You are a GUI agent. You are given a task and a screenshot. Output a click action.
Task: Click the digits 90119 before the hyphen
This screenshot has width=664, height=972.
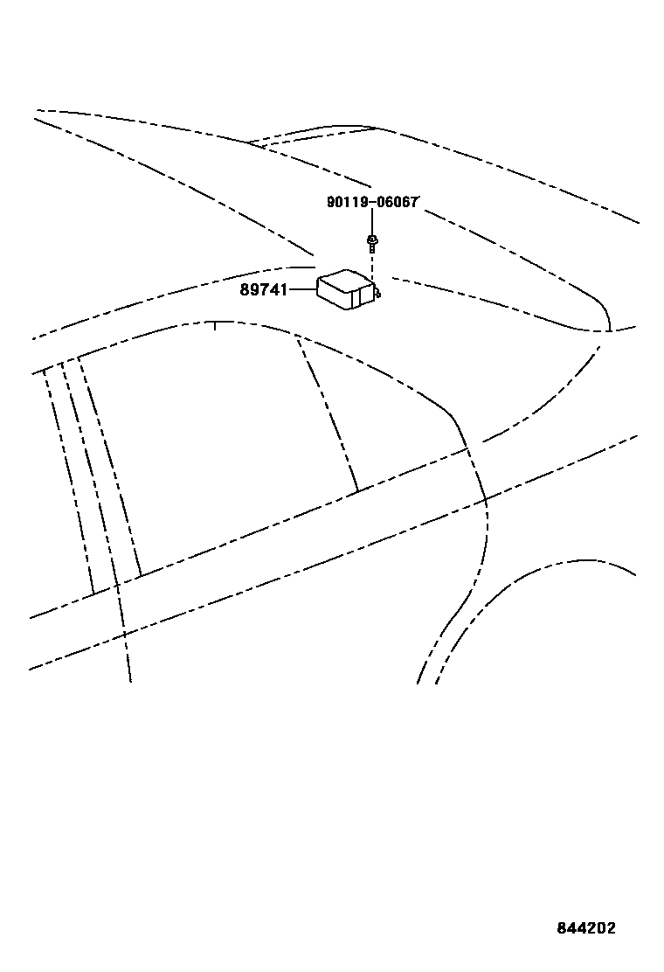point(346,203)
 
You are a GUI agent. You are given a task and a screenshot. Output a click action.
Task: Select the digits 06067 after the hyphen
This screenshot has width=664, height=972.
point(397,203)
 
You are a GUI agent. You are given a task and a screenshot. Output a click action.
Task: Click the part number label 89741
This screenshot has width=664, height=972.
point(263,289)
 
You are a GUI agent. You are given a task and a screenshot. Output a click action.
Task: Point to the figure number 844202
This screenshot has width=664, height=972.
point(585,928)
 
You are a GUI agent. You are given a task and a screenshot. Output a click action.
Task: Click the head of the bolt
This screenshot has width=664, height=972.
point(372,239)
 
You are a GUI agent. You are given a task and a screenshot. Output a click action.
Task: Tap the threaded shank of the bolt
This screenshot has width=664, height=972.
point(372,248)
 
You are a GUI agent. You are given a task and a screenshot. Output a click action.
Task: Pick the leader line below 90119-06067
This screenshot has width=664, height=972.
point(372,222)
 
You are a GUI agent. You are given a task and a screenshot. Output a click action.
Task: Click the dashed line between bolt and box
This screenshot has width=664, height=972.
point(373,269)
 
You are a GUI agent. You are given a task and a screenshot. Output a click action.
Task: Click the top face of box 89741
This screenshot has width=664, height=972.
point(346,280)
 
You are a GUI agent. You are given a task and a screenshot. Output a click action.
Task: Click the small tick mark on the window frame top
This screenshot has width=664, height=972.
point(215,327)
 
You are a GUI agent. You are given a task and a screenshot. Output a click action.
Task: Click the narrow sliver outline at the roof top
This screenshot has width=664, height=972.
point(315,135)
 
